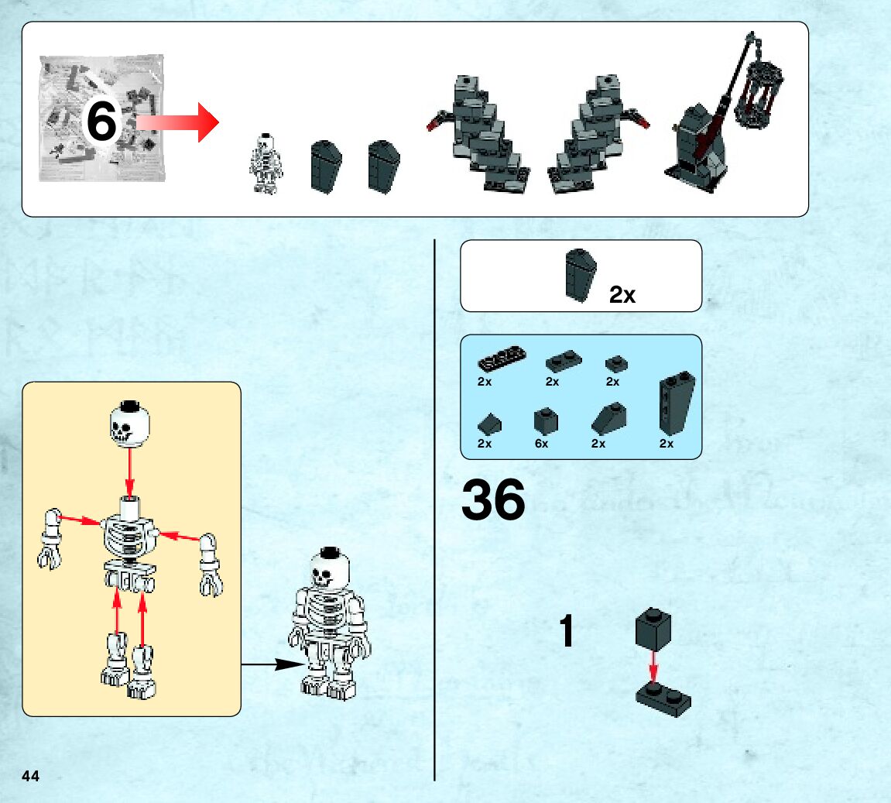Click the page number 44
(31, 776)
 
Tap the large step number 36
(493, 500)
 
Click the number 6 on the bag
(101, 122)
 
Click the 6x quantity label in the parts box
(541, 444)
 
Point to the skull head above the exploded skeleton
(129, 423)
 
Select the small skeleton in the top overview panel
(266, 164)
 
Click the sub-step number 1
(567, 632)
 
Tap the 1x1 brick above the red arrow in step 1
(653, 628)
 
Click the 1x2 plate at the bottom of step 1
(663, 698)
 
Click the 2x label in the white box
(622, 294)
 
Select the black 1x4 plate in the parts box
(502, 359)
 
